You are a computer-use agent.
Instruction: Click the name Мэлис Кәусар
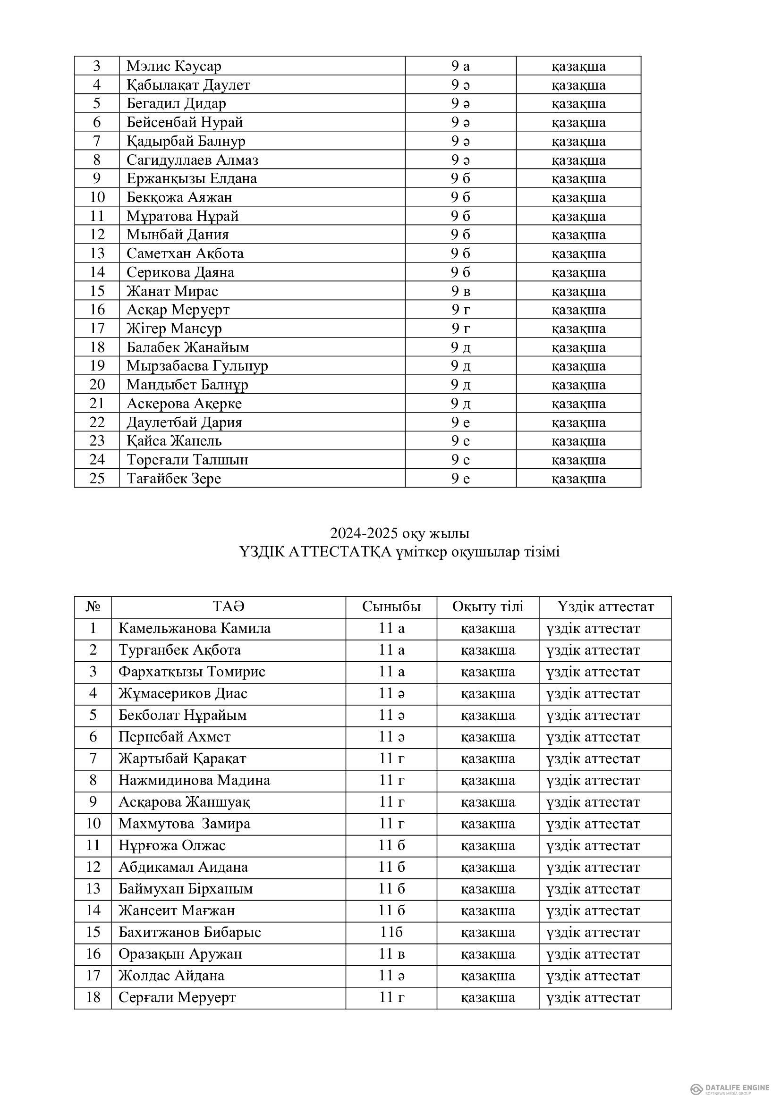pyautogui.click(x=174, y=66)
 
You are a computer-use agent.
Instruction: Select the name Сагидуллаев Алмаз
pyautogui.click(x=192, y=160)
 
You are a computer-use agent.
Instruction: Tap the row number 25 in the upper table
pyautogui.click(x=97, y=479)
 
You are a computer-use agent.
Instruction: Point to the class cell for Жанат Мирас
pyautogui.click(x=460, y=291)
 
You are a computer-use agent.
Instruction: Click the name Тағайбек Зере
pyautogui.click(x=174, y=479)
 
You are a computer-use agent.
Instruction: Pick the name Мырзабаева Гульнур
pyautogui.click(x=197, y=366)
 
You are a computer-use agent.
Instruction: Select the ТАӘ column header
pyautogui.click(x=229, y=607)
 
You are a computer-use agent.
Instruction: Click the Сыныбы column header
pyautogui.click(x=391, y=607)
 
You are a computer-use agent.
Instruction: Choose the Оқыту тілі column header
pyautogui.click(x=488, y=607)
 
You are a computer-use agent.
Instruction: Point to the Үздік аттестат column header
pyautogui.click(x=605, y=607)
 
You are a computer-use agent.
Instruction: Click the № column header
pyautogui.click(x=93, y=607)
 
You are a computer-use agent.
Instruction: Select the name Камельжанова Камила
pyautogui.click(x=194, y=628)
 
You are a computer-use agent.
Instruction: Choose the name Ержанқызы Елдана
pyautogui.click(x=191, y=178)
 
